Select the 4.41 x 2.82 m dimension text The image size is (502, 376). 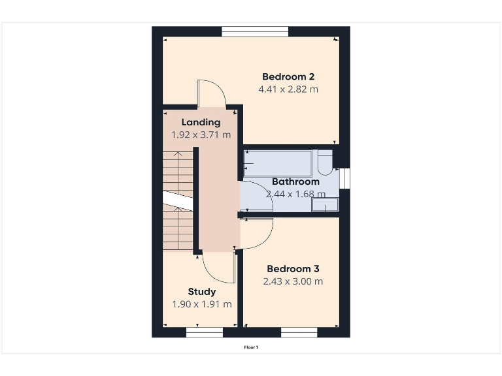(x=289, y=89)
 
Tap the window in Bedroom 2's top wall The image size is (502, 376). (x=255, y=31)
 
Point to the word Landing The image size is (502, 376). (x=201, y=122)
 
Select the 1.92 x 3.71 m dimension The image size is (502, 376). (x=201, y=135)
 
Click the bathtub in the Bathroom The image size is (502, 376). (x=277, y=162)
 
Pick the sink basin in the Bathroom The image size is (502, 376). (x=325, y=205)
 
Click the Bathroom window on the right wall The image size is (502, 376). (x=345, y=179)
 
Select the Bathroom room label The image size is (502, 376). (x=295, y=181)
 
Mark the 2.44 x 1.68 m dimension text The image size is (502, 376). (x=295, y=194)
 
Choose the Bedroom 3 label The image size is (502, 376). (x=293, y=269)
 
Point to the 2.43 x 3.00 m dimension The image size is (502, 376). (x=293, y=281)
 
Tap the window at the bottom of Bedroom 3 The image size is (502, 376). (x=299, y=332)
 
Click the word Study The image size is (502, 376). (x=201, y=292)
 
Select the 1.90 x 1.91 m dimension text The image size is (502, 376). (x=201, y=304)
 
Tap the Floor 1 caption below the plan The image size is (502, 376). (x=251, y=347)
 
